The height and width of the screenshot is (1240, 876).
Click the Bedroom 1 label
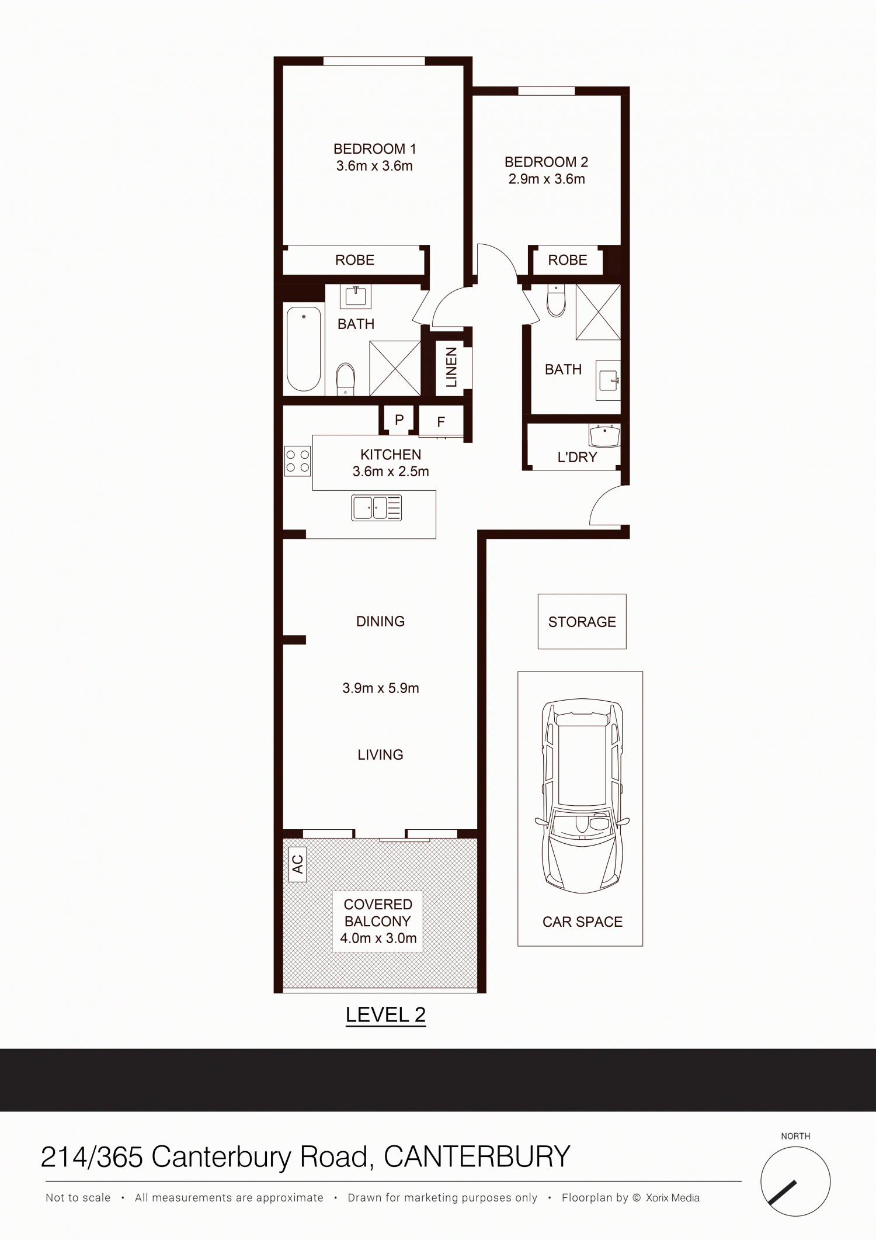pos(374,149)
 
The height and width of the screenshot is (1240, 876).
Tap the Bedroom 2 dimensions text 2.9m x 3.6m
pos(547,179)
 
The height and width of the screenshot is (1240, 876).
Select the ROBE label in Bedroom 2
pos(568,260)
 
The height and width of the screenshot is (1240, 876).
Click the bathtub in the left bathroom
pos(304,349)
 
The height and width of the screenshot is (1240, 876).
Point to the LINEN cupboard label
pos(451,368)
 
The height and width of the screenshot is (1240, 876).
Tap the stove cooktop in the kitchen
pos(297,460)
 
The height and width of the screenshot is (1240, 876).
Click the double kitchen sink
pos(377,507)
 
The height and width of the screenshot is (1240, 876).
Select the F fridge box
pos(441,421)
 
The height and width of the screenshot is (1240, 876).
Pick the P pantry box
pos(399,420)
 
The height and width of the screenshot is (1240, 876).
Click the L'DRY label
pos(577,458)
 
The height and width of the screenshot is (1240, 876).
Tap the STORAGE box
pos(582,622)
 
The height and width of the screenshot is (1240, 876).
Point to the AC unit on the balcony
pos(298,864)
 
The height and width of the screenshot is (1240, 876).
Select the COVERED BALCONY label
pos(378,913)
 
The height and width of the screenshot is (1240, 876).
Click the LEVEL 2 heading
pos(385,1015)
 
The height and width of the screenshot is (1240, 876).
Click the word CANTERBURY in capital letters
pos(477,1157)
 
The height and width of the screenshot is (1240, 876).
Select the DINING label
pos(380,621)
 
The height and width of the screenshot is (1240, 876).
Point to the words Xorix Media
pos(672,1198)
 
